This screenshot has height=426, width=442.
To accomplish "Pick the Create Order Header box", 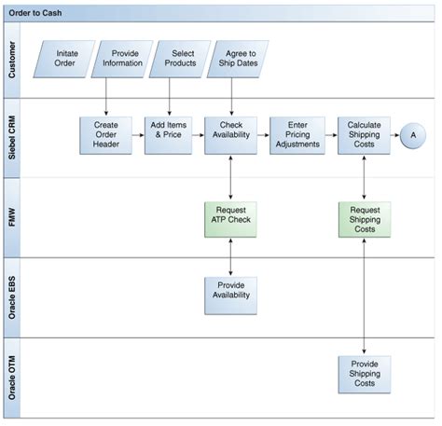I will (x=105, y=135).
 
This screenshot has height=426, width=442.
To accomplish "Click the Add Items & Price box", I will (x=168, y=135).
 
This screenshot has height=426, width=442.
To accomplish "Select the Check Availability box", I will (x=230, y=135).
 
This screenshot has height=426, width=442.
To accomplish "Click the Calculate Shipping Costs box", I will (x=363, y=135).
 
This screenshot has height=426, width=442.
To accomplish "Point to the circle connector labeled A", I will (x=412, y=135).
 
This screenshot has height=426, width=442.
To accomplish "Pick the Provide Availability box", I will (x=230, y=294).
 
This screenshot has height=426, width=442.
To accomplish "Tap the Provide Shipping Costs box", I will (x=364, y=372).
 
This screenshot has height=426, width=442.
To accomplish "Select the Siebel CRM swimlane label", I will (x=13, y=137).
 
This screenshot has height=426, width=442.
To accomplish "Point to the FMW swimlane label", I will (x=13, y=217).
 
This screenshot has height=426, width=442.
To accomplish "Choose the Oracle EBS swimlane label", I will (x=13, y=296).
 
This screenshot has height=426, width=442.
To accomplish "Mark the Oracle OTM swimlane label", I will (x=13, y=376).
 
